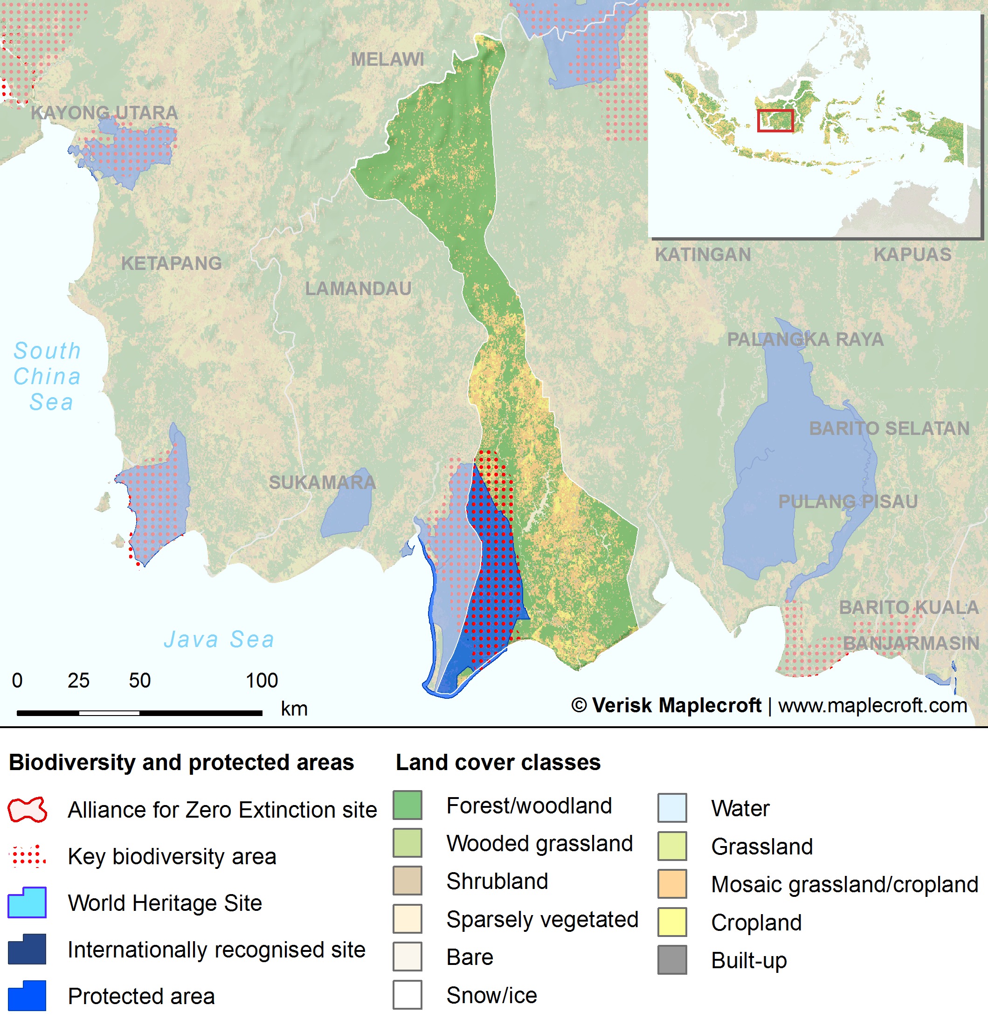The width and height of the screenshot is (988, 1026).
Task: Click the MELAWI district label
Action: coord(387,60)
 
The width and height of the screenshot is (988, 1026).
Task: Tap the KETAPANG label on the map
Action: coord(171,263)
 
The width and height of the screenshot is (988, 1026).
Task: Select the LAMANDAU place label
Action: coord(358,289)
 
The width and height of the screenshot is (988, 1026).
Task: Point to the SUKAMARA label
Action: coord(322,482)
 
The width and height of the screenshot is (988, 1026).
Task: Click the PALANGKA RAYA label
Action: coord(805,339)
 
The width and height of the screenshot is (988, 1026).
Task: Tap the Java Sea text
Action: coord(219,639)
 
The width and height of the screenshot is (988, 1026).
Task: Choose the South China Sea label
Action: coord(47,376)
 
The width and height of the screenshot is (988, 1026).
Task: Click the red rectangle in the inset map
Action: coord(775,120)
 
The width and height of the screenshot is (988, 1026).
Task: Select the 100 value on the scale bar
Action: coord(261,681)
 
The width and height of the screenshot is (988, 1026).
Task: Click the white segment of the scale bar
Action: coord(109,713)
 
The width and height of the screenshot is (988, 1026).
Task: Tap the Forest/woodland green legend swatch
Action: coord(408,805)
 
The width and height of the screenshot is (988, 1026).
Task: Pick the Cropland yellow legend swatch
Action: coord(672,922)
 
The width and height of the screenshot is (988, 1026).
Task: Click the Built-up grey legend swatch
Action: coord(672,959)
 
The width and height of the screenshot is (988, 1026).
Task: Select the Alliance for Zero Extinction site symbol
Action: coord(27,810)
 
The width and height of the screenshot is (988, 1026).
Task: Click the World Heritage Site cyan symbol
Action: coord(27,902)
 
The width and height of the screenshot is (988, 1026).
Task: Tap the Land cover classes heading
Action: coord(497,762)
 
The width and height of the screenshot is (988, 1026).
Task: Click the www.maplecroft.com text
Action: coord(872,705)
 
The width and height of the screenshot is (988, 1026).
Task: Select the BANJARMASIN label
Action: coord(911,643)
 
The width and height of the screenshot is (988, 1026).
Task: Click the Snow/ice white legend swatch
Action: coord(408,995)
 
